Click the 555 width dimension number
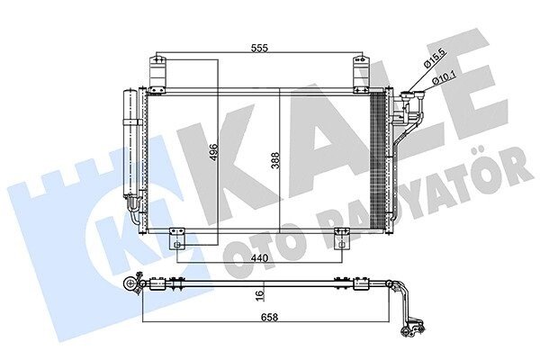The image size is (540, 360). [259, 49]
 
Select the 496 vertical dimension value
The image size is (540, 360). [213, 153]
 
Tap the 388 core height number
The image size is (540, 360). [275, 160]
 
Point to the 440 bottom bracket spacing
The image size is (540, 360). [259, 257]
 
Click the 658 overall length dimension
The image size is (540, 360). [269, 317]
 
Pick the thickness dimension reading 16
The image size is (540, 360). [260, 295]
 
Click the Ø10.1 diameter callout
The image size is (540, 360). [445, 76]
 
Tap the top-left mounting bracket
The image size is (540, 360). [157, 75]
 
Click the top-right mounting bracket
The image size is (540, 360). [362, 75]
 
